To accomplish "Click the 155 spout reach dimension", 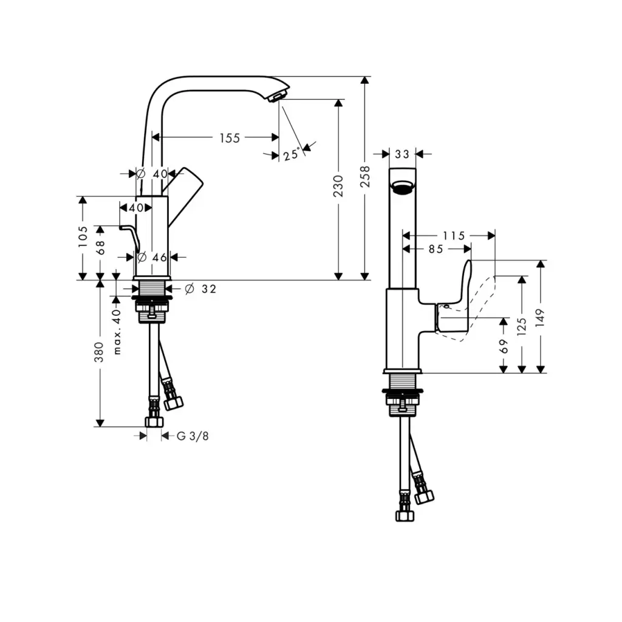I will tap(230, 138).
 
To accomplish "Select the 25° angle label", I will tap(292, 154).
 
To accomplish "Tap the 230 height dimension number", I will tap(338, 186).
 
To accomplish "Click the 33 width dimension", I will tap(402, 154).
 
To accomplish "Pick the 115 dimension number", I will tap(453, 236).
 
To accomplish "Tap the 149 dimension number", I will tap(541, 317).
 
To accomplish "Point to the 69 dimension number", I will tap(504, 347).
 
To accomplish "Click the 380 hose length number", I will tap(99, 352).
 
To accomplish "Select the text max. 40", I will tap(117, 332).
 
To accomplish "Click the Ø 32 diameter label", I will tap(200, 289).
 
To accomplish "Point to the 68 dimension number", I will tap(101, 247).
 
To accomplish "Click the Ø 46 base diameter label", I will tap(152, 257).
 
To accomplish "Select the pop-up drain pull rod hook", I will tap(131, 236).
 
